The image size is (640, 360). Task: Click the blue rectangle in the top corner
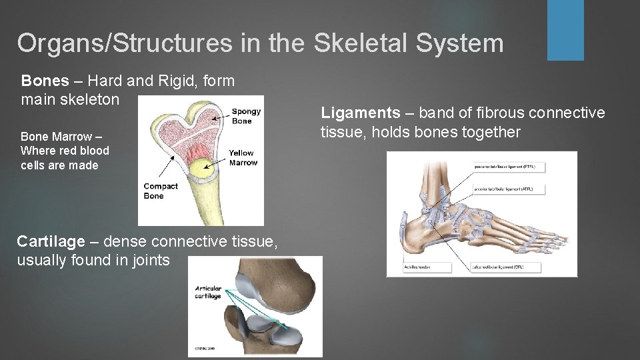coord(565,30)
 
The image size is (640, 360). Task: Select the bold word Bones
coord(45,81)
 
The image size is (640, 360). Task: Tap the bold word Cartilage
coord(51,241)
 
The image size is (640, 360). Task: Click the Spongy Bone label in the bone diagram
coord(246,116)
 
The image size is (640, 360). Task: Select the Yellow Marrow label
coord(243,158)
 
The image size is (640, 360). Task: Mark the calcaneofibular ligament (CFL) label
coord(508,266)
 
